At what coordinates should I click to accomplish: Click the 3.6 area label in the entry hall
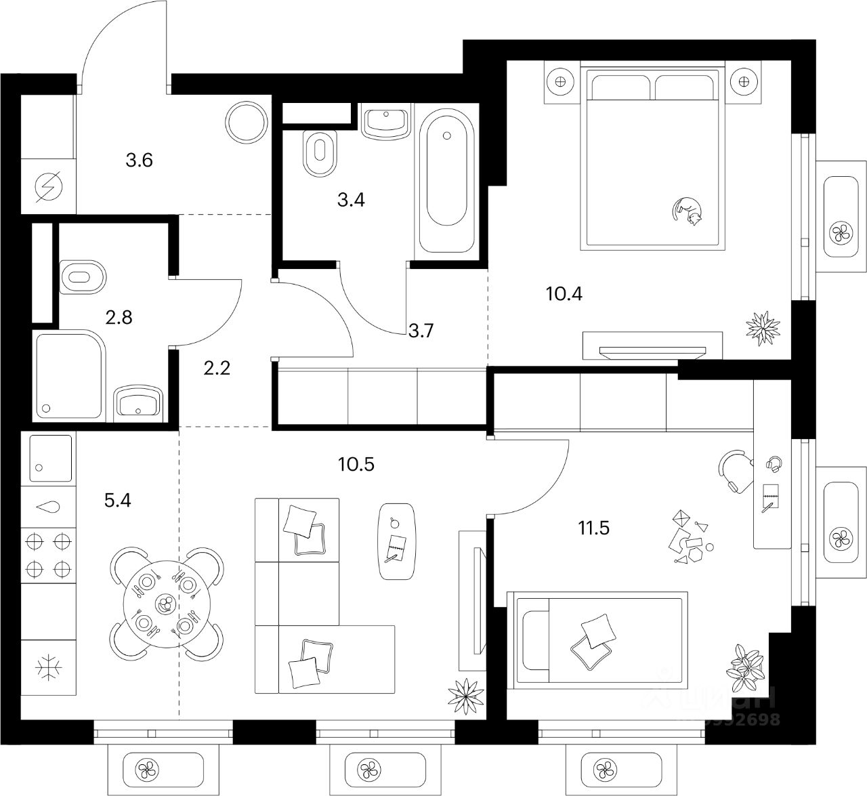[139, 161]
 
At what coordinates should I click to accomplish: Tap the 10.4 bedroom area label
[564, 294]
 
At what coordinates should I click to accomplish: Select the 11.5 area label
[593, 527]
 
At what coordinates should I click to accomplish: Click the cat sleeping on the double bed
[688, 210]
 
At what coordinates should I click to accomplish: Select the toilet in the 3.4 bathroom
[320, 153]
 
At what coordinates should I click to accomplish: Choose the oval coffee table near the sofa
[396, 541]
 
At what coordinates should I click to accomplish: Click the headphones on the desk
[774, 464]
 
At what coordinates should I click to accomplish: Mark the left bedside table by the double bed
[559, 82]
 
